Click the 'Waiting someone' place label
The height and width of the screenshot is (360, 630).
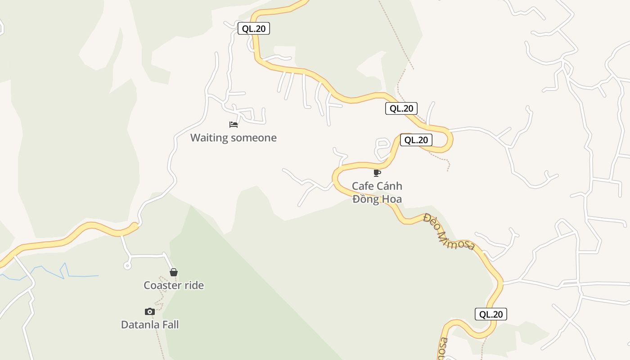(x=233, y=138)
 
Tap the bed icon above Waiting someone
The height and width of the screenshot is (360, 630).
(x=233, y=124)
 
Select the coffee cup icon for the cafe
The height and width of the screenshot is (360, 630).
(x=377, y=173)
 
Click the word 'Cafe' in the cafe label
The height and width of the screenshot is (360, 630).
(x=363, y=186)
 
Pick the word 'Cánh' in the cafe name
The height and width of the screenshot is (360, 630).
(x=389, y=186)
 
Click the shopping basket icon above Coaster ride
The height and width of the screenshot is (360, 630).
(x=174, y=272)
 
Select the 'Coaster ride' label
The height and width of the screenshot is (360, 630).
(x=174, y=285)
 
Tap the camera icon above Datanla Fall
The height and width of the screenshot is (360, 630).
(x=150, y=311)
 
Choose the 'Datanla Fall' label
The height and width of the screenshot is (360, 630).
(x=150, y=324)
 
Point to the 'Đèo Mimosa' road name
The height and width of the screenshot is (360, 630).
(x=449, y=232)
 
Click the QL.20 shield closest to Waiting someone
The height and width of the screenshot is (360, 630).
(x=254, y=29)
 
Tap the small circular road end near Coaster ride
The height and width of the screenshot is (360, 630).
(x=127, y=266)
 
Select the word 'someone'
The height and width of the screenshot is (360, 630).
(x=254, y=138)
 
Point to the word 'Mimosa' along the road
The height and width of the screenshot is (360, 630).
(x=457, y=238)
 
